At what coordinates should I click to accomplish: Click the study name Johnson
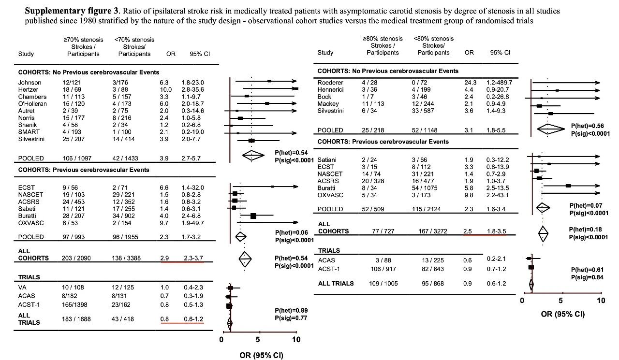[29, 83]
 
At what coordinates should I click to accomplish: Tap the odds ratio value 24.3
[471, 83]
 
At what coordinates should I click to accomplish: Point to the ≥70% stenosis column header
[83, 40]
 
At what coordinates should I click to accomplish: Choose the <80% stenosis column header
[434, 39]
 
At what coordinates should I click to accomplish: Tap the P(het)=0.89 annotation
[291, 310]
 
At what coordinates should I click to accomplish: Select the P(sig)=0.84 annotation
[587, 277]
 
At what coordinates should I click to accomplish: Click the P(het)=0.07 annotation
[586, 205]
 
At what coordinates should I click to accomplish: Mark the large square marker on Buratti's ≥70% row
[253, 216]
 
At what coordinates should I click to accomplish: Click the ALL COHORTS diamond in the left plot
[245, 259]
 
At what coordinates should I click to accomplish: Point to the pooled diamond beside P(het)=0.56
[551, 129]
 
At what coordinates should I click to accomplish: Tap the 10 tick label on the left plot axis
[296, 339]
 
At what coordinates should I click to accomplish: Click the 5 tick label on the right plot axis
[560, 301]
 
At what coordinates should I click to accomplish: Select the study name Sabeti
[27, 209]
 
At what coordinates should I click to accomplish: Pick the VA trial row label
[22, 288]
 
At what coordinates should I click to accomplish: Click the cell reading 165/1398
[74, 305]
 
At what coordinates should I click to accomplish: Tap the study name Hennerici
[330, 90]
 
